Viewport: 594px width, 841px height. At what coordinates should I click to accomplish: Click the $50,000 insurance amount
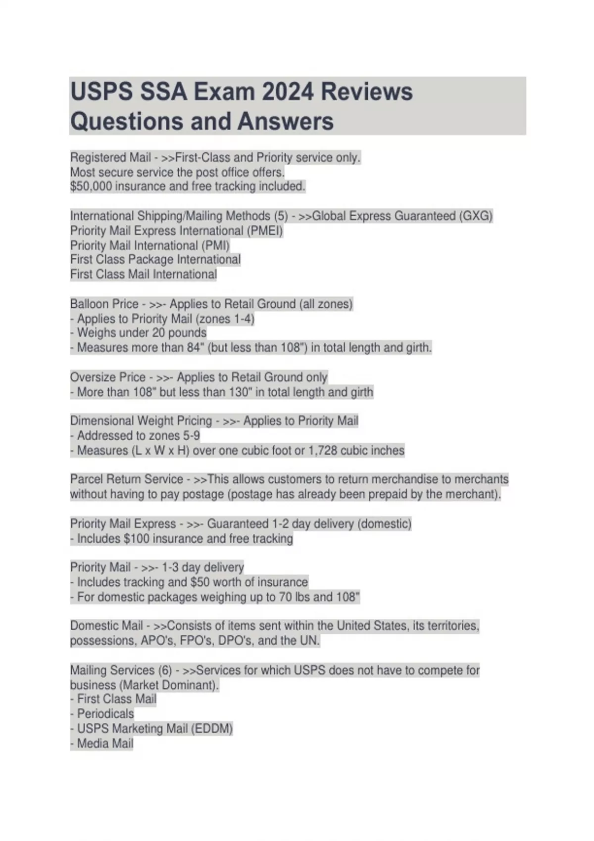pyautogui.click(x=91, y=187)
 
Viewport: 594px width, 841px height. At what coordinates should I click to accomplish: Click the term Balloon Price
pyautogui.click(x=104, y=304)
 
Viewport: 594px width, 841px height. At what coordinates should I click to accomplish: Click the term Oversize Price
pyautogui.click(x=107, y=377)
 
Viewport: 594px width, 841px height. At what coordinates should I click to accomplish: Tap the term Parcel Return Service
pyautogui.click(x=126, y=479)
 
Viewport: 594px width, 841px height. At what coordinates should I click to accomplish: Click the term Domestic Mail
pyautogui.click(x=106, y=626)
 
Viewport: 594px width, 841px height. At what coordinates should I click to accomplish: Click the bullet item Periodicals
pyautogui.click(x=105, y=714)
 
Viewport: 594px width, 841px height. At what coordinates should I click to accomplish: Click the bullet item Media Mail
pyautogui.click(x=105, y=744)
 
